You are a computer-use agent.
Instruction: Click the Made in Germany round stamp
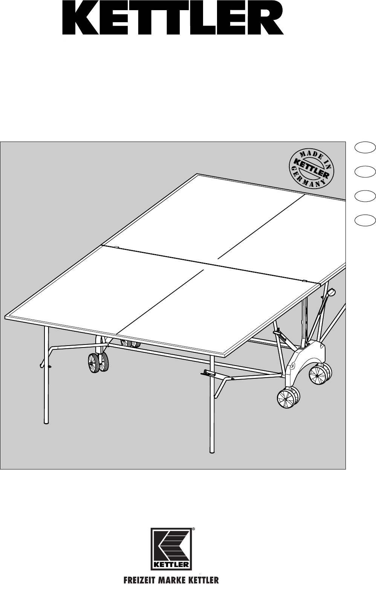312,170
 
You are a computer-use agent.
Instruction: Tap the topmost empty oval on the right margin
365,148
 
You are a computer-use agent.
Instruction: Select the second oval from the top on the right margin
365,172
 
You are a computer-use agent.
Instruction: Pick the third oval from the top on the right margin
365,196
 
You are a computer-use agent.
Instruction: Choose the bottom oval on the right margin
365,220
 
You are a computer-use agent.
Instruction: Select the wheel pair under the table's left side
98,362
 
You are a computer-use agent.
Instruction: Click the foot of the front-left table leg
47,422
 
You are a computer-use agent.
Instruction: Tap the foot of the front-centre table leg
212,451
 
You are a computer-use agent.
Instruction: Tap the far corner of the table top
197,174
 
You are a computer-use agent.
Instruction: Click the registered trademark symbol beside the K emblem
194,529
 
